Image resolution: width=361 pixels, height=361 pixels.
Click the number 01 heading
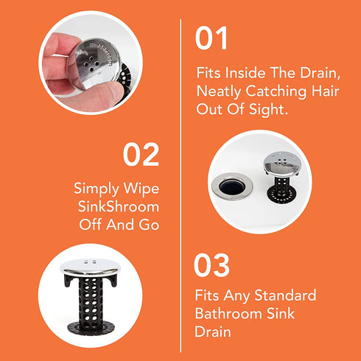(x=212, y=40)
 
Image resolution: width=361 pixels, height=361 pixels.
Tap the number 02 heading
(x=141, y=155)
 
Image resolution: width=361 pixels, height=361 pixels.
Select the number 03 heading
(x=212, y=266)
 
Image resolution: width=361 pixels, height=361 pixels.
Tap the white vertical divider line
(x=180, y=180)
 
